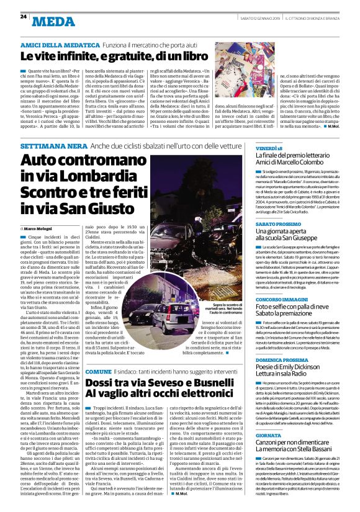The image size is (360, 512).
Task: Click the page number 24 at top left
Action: (24, 16)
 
